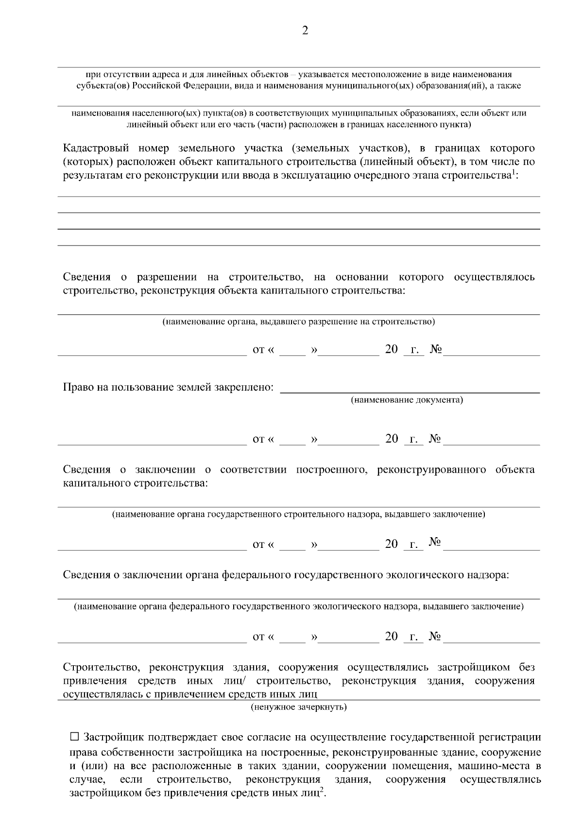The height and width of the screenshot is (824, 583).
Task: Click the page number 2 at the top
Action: click(305, 31)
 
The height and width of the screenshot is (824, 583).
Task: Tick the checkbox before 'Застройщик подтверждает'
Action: click(74, 737)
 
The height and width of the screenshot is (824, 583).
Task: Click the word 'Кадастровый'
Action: click(95, 148)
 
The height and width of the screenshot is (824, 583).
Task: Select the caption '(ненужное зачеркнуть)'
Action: click(299, 707)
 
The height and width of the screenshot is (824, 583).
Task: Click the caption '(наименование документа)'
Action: click(407, 400)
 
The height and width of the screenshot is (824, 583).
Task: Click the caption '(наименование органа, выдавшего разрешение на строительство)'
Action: click(298, 321)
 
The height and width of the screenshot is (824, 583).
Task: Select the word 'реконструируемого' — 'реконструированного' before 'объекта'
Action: click(431, 470)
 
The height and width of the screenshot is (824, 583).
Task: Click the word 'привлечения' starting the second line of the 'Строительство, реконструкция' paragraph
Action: click(95, 681)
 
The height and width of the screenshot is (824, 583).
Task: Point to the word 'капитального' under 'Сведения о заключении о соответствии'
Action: click(96, 483)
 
